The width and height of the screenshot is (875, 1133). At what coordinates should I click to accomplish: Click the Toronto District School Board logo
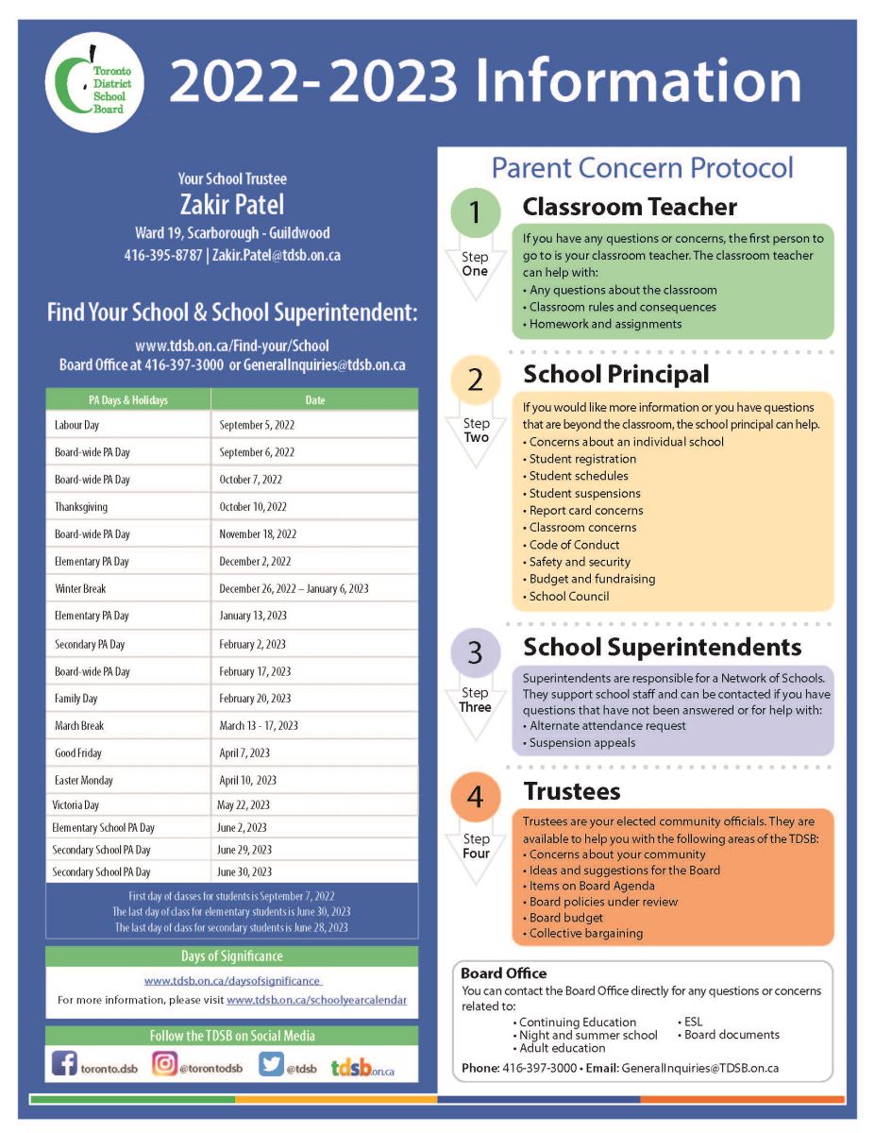coord(93,84)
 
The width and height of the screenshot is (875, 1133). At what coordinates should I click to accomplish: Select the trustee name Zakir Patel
coord(231,204)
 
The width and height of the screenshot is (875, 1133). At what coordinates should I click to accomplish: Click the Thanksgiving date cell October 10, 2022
coord(253,507)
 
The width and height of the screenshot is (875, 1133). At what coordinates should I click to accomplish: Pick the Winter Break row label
coord(80,588)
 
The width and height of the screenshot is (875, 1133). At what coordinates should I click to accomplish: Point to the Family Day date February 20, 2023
coord(255,699)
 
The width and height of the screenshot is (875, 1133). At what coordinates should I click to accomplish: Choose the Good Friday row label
coord(78,753)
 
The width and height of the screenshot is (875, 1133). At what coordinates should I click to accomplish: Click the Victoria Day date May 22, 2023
coord(244,805)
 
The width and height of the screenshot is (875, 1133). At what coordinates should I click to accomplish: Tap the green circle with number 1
coord(475,213)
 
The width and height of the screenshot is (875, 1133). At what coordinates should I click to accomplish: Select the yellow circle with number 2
coord(475,380)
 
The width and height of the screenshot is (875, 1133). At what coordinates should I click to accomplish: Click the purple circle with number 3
coord(475,652)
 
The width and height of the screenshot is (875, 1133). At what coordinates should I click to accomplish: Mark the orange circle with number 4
coord(475,798)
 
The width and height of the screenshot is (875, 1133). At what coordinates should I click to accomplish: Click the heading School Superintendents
coord(662,648)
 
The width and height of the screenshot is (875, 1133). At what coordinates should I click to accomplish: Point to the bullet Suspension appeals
coord(581,742)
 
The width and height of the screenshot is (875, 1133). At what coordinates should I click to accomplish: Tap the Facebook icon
coord(64,1064)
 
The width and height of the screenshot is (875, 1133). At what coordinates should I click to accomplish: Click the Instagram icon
coord(164,1064)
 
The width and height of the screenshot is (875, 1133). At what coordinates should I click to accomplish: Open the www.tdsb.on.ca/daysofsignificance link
coord(232,981)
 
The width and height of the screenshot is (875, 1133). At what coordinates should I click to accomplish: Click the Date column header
coord(314,400)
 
